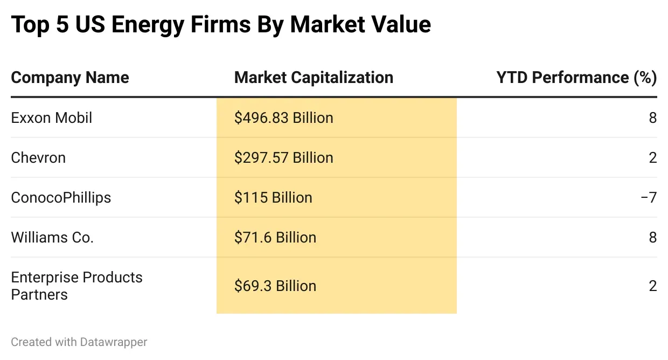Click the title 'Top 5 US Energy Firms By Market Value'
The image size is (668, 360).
tap(221, 25)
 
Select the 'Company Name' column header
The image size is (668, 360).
tap(70, 78)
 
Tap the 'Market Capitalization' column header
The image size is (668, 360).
tap(314, 78)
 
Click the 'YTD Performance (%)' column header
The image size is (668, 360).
tap(576, 78)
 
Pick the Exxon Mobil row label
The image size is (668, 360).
tap(52, 117)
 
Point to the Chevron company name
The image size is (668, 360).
tap(38, 157)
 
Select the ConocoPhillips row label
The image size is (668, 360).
tap(61, 197)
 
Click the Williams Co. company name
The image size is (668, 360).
tap(52, 237)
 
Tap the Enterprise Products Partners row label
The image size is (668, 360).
tap(76, 286)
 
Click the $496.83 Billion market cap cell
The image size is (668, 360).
tap(283, 117)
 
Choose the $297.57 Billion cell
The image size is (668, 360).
tap(283, 157)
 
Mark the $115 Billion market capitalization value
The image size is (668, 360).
tap(273, 197)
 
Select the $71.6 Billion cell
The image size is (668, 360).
tap(275, 237)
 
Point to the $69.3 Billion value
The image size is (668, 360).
tap(275, 286)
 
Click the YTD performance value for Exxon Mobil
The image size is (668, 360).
tap(652, 117)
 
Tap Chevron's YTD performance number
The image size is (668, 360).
tap(652, 157)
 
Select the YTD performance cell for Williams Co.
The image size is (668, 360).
tap(652, 237)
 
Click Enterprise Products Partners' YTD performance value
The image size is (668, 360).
tap(652, 286)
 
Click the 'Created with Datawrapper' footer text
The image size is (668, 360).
tap(79, 342)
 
